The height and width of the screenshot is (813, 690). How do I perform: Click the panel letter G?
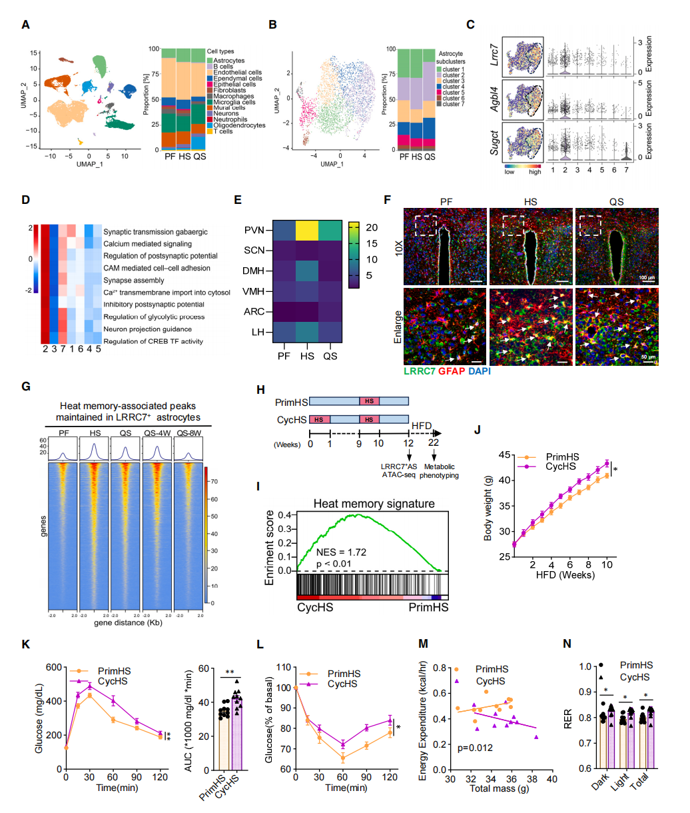pyautogui.click(x=25, y=386)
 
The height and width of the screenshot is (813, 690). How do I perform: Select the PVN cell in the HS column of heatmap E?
pyautogui.click(x=307, y=230)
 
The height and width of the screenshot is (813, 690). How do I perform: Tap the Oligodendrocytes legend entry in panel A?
pyautogui.click(x=239, y=125)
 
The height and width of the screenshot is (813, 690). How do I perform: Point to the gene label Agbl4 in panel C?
pyautogui.click(x=495, y=99)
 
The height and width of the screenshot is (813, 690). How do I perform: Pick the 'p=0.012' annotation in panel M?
pyautogui.click(x=475, y=748)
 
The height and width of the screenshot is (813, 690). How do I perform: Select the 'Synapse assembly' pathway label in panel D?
pyautogui.click(x=133, y=281)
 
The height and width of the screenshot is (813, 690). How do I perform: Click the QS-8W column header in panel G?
pyautogui.click(x=188, y=432)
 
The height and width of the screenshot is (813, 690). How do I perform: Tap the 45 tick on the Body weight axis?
pyautogui.click(x=506, y=455)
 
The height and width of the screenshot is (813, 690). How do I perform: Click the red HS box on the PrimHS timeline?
pyautogui.click(x=369, y=401)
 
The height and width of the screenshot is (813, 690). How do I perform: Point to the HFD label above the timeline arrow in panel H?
pyautogui.click(x=421, y=425)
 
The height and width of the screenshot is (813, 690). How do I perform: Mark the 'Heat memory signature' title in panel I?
pyautogui.click(x=374, y=504)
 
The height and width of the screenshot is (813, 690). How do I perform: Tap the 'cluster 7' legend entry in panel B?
pyautogui.click(x=452, y=104)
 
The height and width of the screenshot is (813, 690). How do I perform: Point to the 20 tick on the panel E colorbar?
pyautogui.click(x=372, y=228)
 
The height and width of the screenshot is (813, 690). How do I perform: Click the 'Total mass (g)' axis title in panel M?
pyautogui.click(x=499, y=788)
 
